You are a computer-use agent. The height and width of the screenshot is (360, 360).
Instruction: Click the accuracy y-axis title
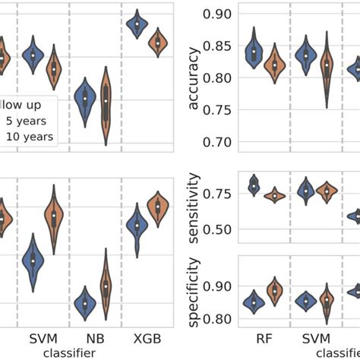click(193, 78)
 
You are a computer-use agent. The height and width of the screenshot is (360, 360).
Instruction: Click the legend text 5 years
click(24, 120)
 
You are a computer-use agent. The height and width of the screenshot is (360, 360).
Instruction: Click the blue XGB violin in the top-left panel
click(137, 24)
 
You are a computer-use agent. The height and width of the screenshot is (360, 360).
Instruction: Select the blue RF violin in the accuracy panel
click(254, 53)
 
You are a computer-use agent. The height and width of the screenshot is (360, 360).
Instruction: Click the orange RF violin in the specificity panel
click(275, 292)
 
